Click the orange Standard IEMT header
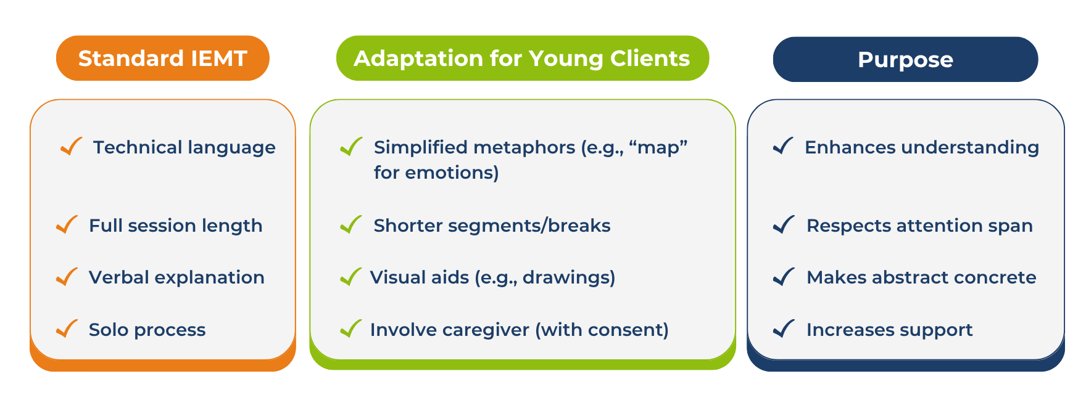tap(163, 59)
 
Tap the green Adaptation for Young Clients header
tap(523, 59)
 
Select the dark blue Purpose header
tap(905, 60)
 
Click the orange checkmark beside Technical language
tap(72, 146)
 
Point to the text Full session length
tap(176, 226)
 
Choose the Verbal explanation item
tap(176, 278)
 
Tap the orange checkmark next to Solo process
tap(67, 328)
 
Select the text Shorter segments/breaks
tap(492, 226)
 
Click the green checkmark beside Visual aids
tap(351, 277)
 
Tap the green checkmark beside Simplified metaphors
tap(351, 146)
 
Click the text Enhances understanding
tap(922, 148)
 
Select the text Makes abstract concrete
tap(921, 278)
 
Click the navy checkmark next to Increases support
tap(784, 328)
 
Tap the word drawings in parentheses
tap(568, 278)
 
